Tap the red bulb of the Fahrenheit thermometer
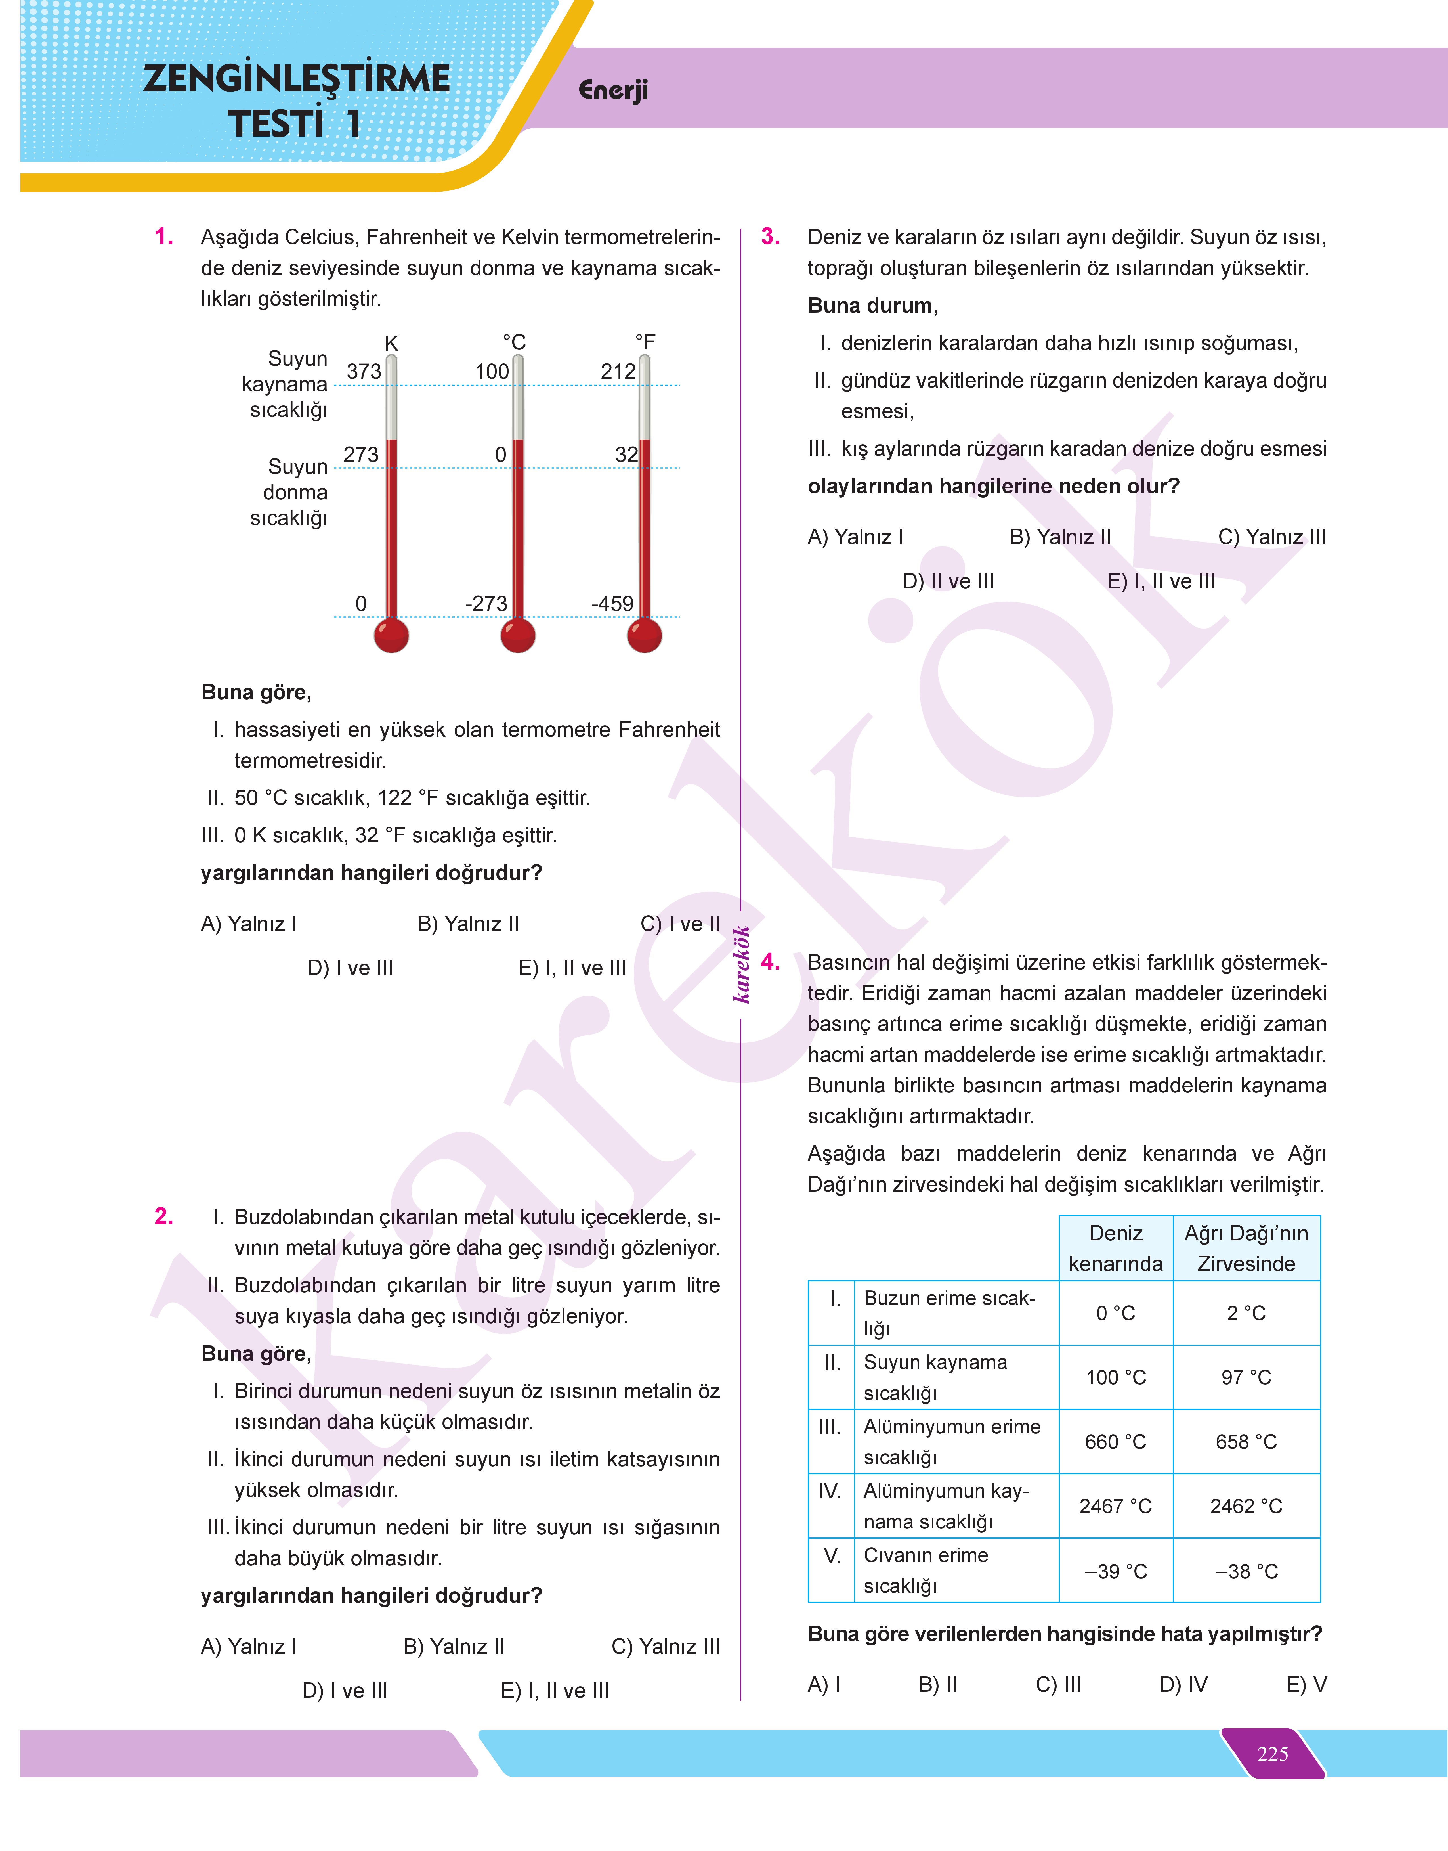(644, 635)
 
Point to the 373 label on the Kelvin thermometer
(364, 371)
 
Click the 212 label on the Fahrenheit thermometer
(618, 371)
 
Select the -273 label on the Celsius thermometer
(486, 604)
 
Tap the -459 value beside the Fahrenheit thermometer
(612, 604)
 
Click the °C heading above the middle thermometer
(515, 342)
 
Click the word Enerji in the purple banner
(613, 90)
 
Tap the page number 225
(1273, 1754)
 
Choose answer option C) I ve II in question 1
(680, 924)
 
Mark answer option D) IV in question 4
(1183, 1684)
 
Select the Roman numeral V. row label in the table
(832, 1556)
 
